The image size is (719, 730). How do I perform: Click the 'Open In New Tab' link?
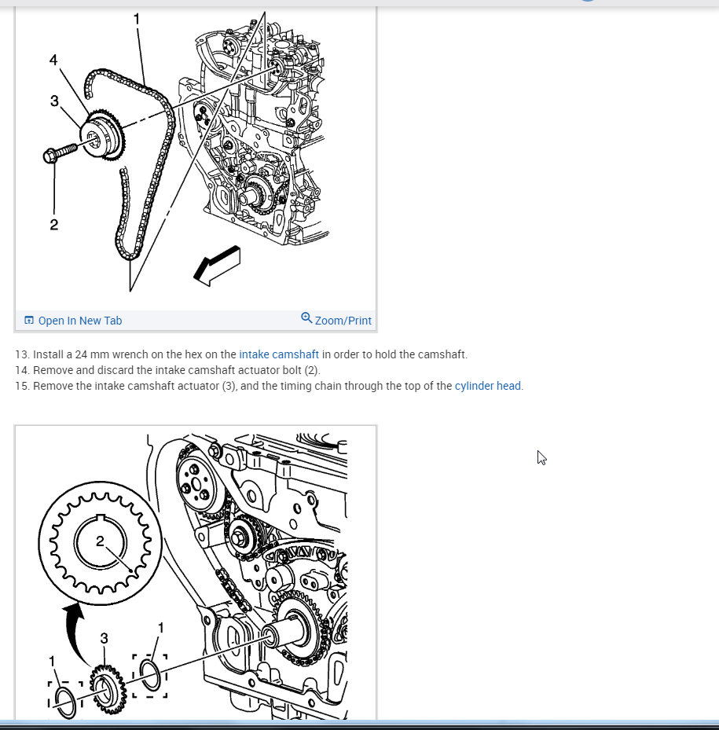point(79,321)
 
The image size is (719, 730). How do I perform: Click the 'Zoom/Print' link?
point(343,321)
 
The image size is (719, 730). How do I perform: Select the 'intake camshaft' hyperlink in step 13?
point(279,354)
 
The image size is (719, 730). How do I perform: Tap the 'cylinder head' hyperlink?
point(487,386)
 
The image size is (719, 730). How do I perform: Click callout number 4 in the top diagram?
point(53,60)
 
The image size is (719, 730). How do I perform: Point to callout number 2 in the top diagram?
point(54,225)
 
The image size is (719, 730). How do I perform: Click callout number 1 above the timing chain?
point(137,19)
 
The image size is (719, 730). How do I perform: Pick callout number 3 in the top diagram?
point(54,101)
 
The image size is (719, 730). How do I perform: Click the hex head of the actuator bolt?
point(50,156)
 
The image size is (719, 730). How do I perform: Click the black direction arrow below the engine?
point(217,266)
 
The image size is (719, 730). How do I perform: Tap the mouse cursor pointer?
point(541,458)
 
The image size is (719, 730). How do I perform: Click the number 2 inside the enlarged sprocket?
point(100,541)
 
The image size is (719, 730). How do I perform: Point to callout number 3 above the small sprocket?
point(105,638)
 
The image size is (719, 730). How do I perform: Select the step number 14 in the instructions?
point(21,371)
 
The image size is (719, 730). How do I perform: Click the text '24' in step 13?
point(81,354)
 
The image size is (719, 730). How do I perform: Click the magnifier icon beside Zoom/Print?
point(306,318)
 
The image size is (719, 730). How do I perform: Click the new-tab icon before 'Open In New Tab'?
point(29,321)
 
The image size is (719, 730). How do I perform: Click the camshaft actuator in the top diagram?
point(102,136)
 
